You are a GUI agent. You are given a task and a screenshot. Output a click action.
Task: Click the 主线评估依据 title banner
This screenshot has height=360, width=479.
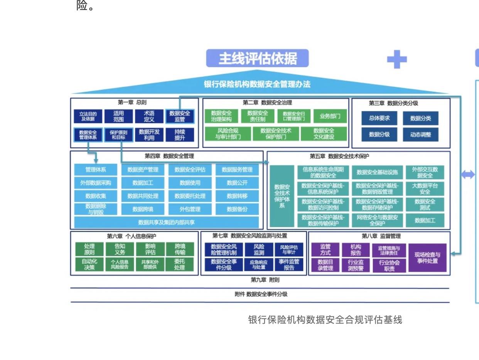tap(258, 59)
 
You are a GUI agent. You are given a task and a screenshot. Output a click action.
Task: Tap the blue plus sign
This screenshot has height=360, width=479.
tap(396, 60)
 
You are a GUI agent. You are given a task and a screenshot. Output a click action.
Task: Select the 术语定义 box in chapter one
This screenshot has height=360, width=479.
tap(149, 116)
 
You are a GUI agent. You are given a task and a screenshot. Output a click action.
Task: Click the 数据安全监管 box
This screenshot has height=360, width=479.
tap(180, 116)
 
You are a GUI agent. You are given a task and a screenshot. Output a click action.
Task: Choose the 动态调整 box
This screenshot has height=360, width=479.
tap(420, 135)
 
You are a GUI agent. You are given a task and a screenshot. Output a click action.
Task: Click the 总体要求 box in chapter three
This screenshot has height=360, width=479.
tap(379, 118)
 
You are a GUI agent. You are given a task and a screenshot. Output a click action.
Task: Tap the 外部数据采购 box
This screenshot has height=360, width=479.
tap(96, 183)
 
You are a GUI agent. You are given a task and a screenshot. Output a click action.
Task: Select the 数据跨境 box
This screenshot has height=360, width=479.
tap(143, 209)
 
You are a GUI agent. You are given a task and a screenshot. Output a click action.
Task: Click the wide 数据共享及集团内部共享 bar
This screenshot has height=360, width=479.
tap(166, 222)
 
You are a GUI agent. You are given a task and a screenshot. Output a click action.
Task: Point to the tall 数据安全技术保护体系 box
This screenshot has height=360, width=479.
tap(282, 196)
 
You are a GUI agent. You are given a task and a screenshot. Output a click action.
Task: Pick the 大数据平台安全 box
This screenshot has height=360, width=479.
tap(425, 188)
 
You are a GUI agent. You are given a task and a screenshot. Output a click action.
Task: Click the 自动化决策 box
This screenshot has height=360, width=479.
tap(89, 264)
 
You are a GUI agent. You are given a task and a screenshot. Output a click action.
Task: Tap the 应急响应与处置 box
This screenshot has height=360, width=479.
tap(259, 264)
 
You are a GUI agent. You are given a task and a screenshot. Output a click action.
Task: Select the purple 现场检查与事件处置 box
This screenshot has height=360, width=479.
tap(427, 257)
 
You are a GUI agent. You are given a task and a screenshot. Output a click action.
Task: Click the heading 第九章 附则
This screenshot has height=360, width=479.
tap(265, 280)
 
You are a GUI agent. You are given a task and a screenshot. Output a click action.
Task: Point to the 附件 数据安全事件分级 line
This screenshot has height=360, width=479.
tap(261, 294)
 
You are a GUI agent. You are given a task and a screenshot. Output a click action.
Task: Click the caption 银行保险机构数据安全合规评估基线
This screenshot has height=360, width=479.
tap(325, 320)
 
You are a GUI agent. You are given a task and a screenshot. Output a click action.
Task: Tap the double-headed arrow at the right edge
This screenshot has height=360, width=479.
tap(467, 175)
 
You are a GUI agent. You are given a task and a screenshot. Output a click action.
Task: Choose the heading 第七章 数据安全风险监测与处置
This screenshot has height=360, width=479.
tap(250, 236)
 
